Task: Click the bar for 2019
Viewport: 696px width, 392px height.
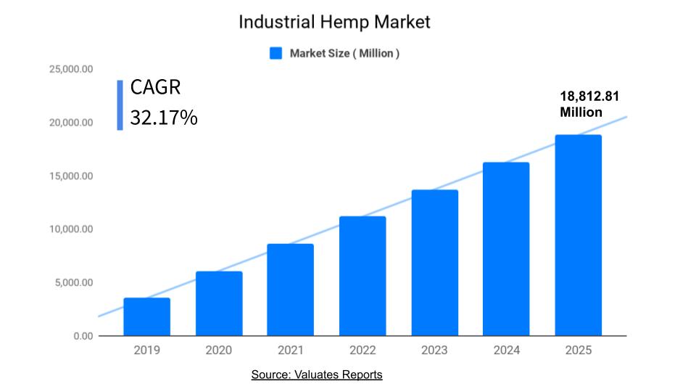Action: tap(146, 317)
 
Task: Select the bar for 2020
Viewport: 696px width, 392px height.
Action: tap(219, 303)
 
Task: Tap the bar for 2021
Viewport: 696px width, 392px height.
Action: tap(290, 290)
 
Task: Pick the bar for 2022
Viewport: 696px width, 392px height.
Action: tap(362, 277)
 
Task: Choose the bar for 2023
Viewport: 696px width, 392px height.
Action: tap(435, 263)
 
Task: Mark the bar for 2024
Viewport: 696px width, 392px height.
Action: tap(506, 249)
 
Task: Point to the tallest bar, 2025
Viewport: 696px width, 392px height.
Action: tap(579, 235)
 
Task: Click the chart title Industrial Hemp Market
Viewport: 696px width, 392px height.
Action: tap(334, 22)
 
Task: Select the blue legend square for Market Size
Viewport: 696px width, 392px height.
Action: tap(275, 53)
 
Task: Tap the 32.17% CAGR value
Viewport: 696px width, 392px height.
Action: tap(164, 118)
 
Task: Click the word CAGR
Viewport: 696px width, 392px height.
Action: tap(155, 87)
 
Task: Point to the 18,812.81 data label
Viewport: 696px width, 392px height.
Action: tap(589, 97)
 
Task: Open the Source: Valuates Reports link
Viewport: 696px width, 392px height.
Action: tap(317, 375)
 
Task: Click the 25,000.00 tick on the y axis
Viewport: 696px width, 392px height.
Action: tap(70, 70)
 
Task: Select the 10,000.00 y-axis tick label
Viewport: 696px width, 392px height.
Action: tap(70, 229)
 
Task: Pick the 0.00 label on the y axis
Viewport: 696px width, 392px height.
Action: tap(82, 336)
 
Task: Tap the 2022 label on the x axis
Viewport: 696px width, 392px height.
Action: tap(362, 351)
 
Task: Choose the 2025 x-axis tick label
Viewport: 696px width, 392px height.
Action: tap(579, 351)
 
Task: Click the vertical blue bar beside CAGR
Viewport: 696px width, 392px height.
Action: tap(120, 105)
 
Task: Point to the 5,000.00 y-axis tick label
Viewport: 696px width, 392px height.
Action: tap(72, 283)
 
